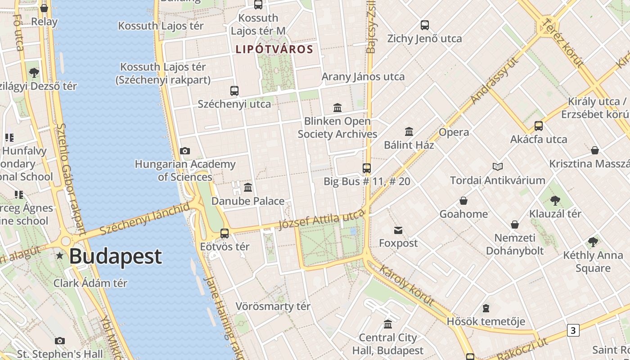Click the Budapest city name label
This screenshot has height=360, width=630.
(115, 256)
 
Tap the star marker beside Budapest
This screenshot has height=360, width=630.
(60, 256)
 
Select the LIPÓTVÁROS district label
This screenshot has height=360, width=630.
(274, 49)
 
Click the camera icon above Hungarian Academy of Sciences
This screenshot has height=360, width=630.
(184, 151)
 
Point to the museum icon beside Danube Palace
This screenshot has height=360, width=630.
(248, 187)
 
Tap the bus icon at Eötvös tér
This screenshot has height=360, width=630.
(224, 234)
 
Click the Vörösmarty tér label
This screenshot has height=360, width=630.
(273, 307)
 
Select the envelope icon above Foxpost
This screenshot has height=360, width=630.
(398, 231)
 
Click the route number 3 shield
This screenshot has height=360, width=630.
(572, 330)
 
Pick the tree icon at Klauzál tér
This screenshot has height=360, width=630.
(555, 200)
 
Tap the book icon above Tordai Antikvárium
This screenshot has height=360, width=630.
(497, 167)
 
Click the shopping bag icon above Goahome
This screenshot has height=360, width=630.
(463, 201)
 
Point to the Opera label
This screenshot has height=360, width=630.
(454, 132)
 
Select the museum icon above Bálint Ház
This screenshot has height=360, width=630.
(409, 132)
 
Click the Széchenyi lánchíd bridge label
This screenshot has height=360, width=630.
(144, 219)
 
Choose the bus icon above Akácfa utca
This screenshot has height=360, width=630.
(539, 126)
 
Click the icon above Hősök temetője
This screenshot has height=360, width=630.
(486, 308)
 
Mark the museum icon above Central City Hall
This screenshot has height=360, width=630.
(388, 324)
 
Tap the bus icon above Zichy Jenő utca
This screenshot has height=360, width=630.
(424, 25)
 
